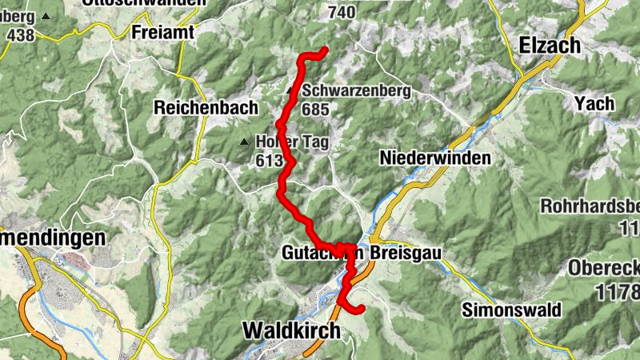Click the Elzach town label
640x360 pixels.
(550, 46)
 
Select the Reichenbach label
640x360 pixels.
(206, 107)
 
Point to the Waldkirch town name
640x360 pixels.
(290, 330)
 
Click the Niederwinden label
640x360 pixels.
(436, 158)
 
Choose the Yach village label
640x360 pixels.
(594, 103)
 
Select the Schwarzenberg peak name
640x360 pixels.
(356, 90)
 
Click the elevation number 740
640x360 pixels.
(341, 11)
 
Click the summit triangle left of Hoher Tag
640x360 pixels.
(245, 142)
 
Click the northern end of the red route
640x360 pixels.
(326, 51)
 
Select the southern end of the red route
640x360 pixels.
(361, 308)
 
